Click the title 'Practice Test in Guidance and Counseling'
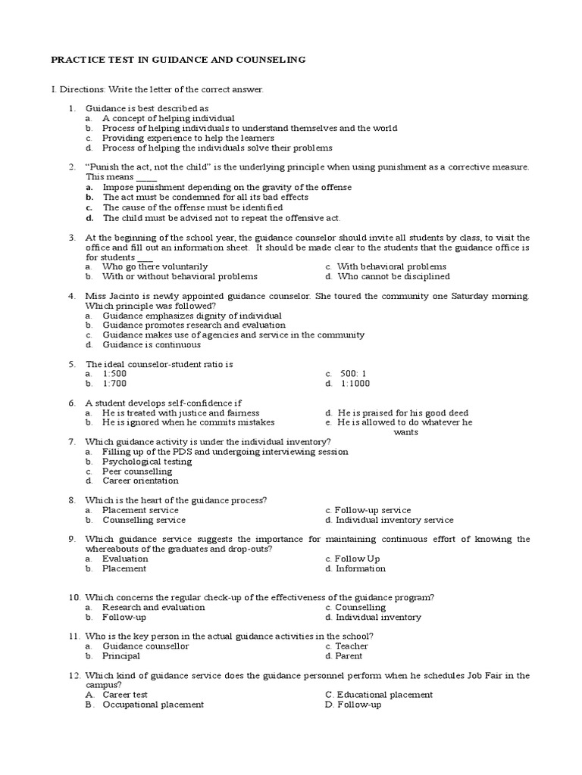click(x=177, y=59)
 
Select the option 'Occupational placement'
click(x=153, y=705)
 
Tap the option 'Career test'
click(x=125, y=695)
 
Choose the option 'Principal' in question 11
click(x=121, y=656)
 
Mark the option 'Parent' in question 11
click(x=349, y=656)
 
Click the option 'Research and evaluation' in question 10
click(x=153, y=607)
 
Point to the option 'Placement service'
click(x=140, y=510)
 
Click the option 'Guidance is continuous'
click(x=152, y=344)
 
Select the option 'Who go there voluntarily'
click(x=155, y=266)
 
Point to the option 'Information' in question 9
click(x=361, y=568)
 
